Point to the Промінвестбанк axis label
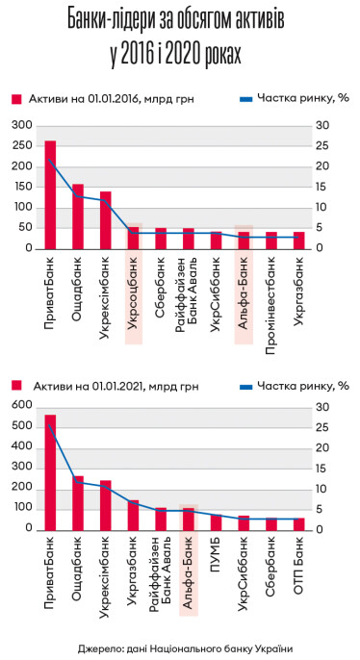[271, 293]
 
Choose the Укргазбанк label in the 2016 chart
[299, 288]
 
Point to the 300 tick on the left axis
[21, 125]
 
